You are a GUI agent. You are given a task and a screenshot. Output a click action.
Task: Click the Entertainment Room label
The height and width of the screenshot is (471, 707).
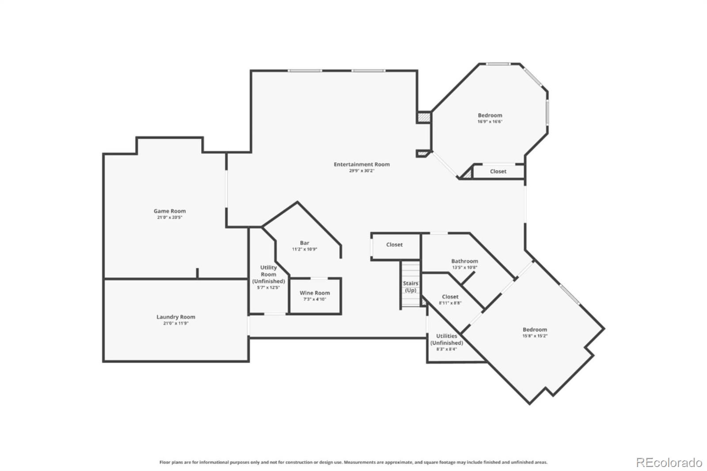(x=361, y=164)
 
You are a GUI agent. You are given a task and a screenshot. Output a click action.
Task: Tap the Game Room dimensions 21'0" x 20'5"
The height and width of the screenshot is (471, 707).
(x=170, y=217)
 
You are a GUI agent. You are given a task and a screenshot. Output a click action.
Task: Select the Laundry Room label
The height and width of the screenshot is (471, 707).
(x=175, y=317)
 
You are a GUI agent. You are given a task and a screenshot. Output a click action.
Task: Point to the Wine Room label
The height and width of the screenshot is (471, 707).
(x=315, y=293)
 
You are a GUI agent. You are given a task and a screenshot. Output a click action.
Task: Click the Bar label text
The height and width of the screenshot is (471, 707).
(x=304, y=243)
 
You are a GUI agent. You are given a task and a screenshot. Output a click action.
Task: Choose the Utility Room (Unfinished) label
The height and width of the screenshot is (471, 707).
(x=268, y=274)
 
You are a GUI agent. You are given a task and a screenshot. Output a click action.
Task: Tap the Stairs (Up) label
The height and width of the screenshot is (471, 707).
(x=411, y=287)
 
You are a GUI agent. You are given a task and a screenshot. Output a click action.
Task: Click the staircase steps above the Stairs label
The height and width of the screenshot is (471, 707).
(x=411, y=270)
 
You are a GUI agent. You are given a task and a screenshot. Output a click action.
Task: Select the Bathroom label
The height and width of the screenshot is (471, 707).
(x=464, y=261)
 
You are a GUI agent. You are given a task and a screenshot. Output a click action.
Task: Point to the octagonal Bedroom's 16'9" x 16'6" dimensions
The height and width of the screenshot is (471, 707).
(x=490, y=122)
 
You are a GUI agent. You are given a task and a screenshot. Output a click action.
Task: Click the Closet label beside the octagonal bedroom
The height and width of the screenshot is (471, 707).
(x=498, y=171)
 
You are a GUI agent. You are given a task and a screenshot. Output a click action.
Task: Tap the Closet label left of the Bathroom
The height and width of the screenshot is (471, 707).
(x=394, y=245)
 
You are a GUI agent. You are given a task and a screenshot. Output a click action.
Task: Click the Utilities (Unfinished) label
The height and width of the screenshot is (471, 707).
(x=446, y=339)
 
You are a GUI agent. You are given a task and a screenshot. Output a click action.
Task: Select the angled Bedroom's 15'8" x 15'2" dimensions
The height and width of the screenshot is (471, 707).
(x=535, y=336)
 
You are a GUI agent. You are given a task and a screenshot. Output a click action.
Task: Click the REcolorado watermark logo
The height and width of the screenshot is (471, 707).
(x=669, y=463)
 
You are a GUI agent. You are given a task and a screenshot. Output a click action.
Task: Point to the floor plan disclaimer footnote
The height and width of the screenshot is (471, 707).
(x=353, y=462)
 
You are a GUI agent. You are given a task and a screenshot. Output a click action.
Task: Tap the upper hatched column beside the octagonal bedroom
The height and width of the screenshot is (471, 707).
(x=423, y=118)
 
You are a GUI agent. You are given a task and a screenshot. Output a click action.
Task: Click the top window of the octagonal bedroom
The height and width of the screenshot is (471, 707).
(x=498, y=65)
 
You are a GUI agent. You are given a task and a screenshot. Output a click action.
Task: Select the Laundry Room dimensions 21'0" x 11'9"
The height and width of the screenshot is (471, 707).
(x=175, y=323)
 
